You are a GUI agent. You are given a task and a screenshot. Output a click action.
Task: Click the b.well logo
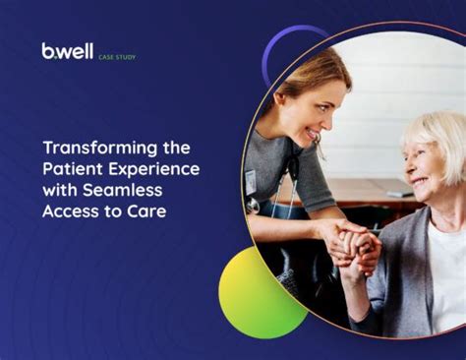(x=67, y=51)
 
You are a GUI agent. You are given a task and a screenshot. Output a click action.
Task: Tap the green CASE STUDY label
(x=118, y=56)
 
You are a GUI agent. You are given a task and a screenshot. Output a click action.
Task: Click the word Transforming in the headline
(x=91, y=148)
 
